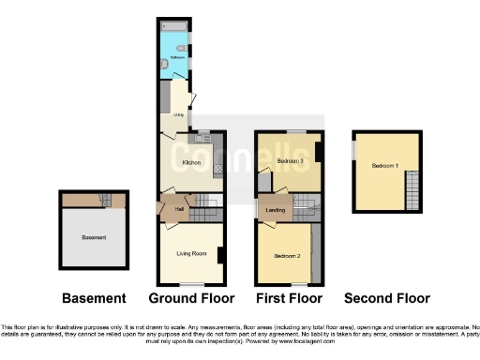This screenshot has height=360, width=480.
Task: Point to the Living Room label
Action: point(190,252)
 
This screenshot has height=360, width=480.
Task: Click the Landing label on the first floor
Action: point(276,209)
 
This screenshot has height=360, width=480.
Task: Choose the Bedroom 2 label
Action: point(287,255)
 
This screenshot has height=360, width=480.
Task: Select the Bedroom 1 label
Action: point(384,166)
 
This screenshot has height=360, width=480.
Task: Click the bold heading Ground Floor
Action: point(190,299)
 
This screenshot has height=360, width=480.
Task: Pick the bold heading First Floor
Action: point(289,299)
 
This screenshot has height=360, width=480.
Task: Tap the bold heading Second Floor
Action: point(386,299)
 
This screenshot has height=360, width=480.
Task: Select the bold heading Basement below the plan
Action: point(93,299)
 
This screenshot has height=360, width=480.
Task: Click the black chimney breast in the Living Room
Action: point(220,254)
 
